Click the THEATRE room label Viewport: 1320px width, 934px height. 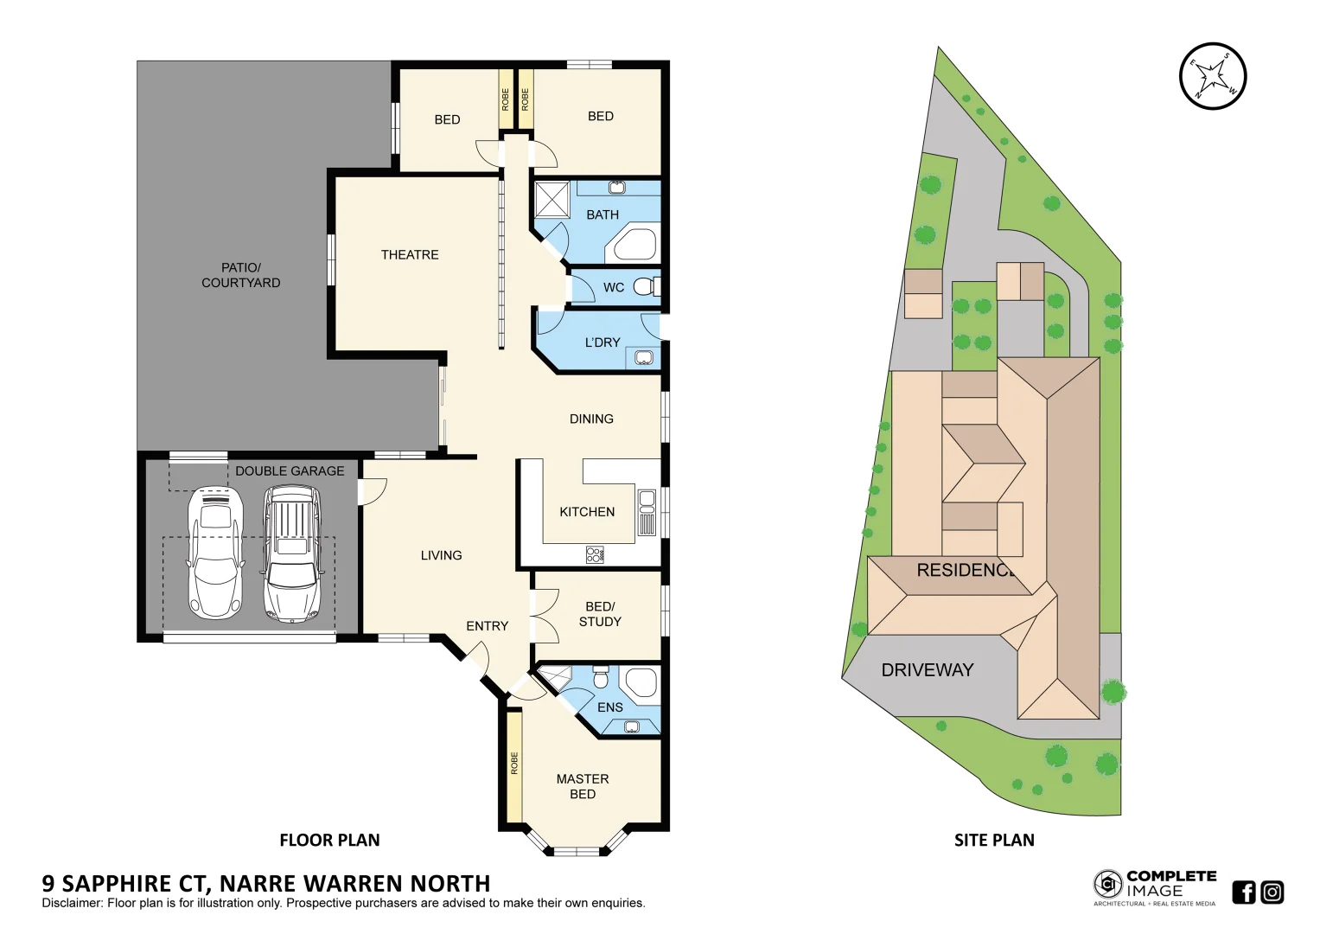(x=410, y=255)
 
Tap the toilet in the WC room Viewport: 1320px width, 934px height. (x=644, y=287)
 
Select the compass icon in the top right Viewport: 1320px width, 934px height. (x=1213, y=76)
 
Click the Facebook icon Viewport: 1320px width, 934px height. (x=1243, y=892)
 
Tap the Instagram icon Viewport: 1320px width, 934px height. (x=1272, y=892)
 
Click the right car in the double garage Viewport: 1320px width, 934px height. (x=291, y=553)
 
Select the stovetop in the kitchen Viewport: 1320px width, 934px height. (x=595, y=554)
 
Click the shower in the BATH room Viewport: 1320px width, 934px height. (x=552, y=200)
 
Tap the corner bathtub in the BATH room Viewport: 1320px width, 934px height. (x=635, y=245)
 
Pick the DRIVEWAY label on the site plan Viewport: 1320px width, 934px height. (x=927, y=670)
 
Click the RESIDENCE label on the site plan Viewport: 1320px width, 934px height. (x=965, y=571)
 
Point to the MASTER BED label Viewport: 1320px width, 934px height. (x=583, y=786)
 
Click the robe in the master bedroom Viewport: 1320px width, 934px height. (x=514, y=765)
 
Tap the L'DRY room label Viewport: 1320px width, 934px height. (x=602, y=342)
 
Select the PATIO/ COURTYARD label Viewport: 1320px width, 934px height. (x=241, y=275)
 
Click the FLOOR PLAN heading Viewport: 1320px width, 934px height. (x=329, y=841)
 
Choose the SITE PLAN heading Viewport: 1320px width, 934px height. (x=994, y=841)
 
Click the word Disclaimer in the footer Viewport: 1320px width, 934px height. (x=72, y=904)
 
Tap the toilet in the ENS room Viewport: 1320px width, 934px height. (x=601, y=676)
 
